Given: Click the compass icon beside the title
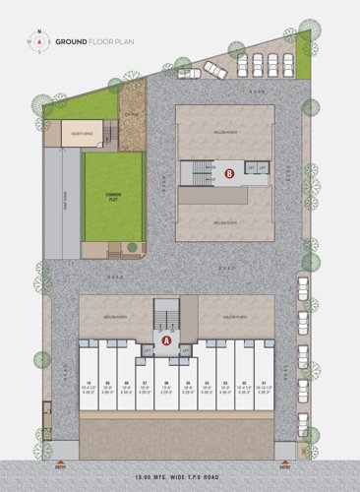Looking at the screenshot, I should coord(37,42).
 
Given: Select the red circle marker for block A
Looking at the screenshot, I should coord(166,340).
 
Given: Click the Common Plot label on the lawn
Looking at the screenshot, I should coord(113,197).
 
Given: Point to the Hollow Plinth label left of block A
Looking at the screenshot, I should coord(113,317).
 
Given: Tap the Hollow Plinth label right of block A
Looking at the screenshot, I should coord(234,317).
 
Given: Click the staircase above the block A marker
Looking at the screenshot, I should coord(166,317).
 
